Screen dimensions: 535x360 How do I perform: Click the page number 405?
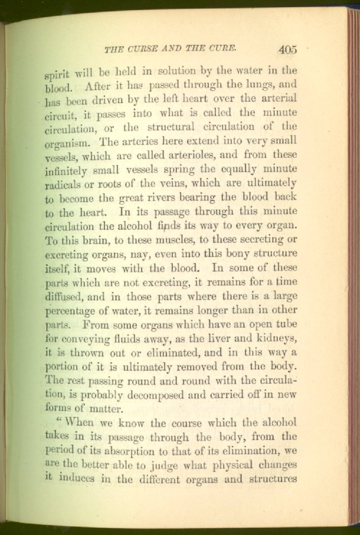pyautogui.click(x=288, y=48)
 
